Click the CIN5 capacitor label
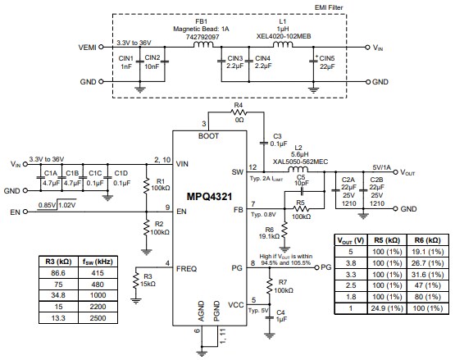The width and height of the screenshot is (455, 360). [326, 58]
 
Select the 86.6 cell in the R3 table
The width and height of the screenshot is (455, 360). [57, 271]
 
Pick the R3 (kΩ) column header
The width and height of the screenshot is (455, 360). [57, 260]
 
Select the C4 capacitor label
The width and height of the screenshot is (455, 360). [280, 311]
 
